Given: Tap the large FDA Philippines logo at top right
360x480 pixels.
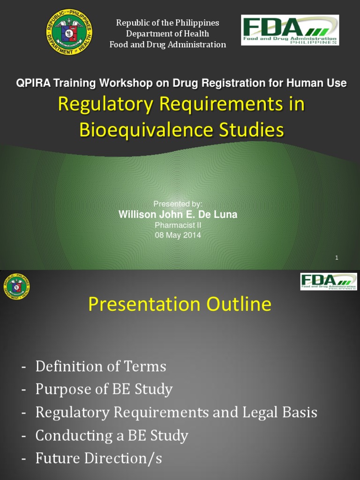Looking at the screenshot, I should click(290, 30).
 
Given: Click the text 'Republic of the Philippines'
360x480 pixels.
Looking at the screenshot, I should click(167, 22).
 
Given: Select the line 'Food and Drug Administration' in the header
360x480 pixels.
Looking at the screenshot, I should click(167, 45).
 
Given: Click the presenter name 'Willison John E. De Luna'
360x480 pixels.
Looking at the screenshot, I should click(178, 215).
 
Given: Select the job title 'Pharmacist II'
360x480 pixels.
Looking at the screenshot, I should click(178, 225).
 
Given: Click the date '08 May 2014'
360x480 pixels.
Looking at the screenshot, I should click(178, 235).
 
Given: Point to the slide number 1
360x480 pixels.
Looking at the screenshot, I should click(337, 257).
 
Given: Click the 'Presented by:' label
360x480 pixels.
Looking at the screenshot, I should click(178, 204).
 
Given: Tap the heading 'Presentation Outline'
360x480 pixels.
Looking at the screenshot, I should click(180, 305).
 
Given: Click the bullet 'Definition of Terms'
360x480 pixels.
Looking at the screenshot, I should click(100, 366).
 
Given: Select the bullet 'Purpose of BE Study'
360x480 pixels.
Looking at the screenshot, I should click(104, 389).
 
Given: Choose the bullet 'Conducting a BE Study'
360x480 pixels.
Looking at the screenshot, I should click(112, 435).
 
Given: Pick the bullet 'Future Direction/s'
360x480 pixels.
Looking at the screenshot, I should click(98, 458).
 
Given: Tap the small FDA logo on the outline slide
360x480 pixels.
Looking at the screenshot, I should click(328, 282).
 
